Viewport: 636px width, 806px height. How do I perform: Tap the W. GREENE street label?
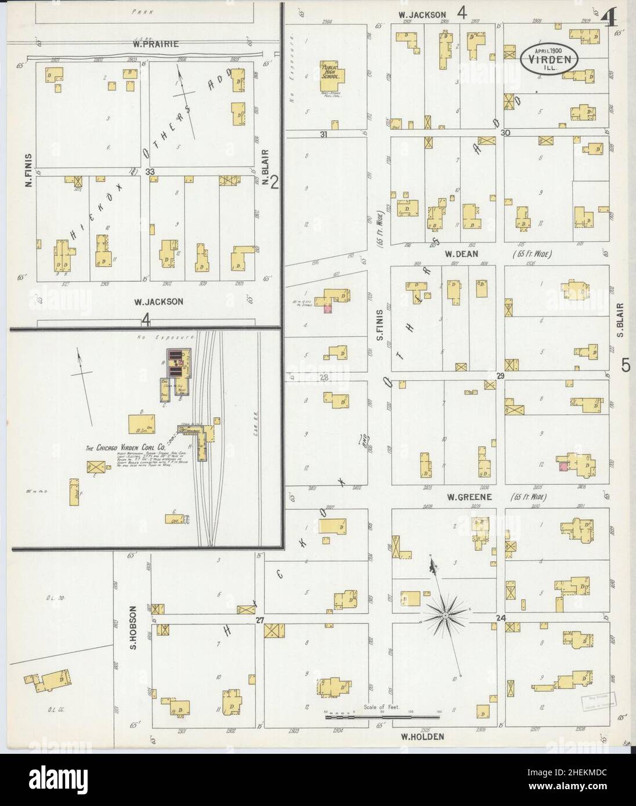(x=469, y=497)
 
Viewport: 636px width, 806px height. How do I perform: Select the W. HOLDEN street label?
(x=422, y=736)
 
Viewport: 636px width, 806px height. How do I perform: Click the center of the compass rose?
(x=446, y=613)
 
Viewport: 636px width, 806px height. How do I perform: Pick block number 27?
(x=260, y=620)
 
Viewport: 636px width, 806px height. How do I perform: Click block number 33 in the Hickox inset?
(x=150, y=172)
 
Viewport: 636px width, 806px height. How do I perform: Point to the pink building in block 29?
(x=562, y=466)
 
